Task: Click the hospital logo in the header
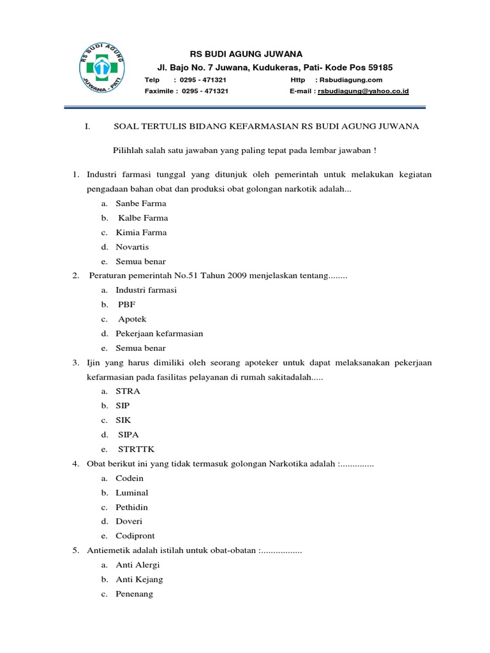click(x=101, y=69)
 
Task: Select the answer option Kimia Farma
click(x=141, y=233)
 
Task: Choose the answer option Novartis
click(x=132, y=247)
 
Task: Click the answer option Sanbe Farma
click(x=141, y=203)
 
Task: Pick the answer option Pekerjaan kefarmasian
click(x=160, y=334)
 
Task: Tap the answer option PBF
click(x=127, y=304)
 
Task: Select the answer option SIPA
click(x=128, y=435)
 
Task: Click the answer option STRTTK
click(x=136, y=449)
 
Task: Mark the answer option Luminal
click(x=132, y=493)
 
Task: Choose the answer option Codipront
click(x=135, y=536)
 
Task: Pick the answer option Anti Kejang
click(x=139, y=580)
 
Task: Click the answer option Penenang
click(x=134, y=594)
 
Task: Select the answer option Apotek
click(x=132, y=319)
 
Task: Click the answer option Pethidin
click(x=132, y=507)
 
